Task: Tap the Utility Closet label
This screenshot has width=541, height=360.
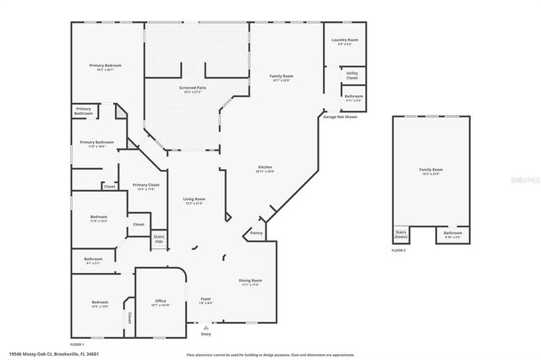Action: (352, 77)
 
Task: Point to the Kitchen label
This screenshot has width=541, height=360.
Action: (265, 169)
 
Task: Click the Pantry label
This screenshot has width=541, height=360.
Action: (256, 232)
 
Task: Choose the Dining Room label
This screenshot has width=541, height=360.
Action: (250, 282)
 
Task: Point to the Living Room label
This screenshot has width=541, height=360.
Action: (194, 201)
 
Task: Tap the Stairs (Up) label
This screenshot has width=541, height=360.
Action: (158, 238)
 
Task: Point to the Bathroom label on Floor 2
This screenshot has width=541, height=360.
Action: (452, 234)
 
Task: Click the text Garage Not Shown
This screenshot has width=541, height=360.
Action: (340, 117)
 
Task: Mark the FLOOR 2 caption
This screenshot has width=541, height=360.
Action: (398, 251)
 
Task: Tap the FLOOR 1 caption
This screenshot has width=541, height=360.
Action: (77, 345)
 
